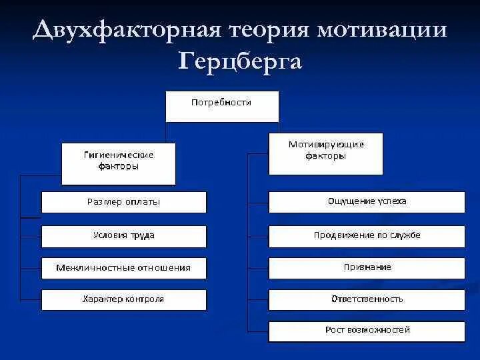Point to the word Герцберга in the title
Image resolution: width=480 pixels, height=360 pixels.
point(240,61)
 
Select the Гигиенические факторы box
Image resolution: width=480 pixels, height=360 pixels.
point(119,163)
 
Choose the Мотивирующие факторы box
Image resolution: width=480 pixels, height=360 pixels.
point(326,153)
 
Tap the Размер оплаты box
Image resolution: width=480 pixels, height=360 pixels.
point(124,202)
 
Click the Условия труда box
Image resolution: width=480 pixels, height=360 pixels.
point(124,235)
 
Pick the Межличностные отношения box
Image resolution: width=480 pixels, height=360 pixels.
point(124,268)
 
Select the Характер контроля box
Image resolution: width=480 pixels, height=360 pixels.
point(124,299)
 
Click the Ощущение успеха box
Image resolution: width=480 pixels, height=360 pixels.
point(367,201)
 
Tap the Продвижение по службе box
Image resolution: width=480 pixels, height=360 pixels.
point(367,235)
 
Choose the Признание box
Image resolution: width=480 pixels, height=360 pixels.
point(367,267)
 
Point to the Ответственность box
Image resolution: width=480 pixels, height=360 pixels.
point(367,299)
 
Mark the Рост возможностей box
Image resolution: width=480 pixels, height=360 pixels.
point(367,331)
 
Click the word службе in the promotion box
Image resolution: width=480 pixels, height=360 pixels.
point(405,235)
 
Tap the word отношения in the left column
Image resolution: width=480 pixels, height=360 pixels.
point(164,268)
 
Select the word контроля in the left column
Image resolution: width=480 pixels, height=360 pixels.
point(145,299)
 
